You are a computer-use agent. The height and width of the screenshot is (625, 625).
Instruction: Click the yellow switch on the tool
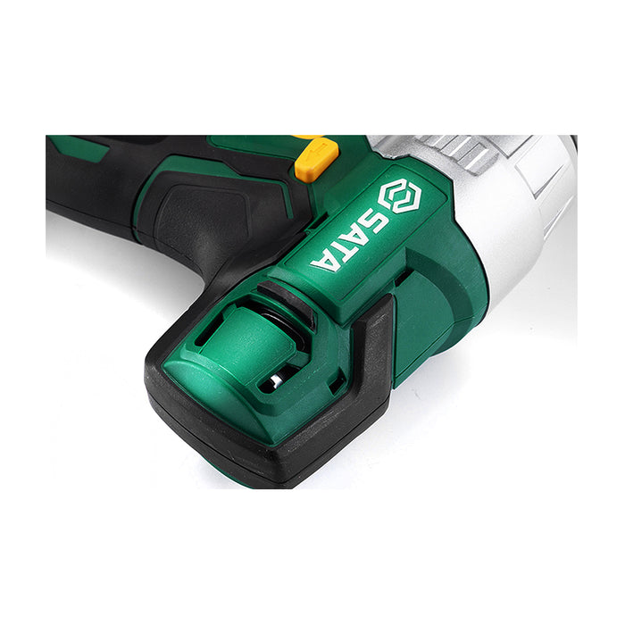point(316,159)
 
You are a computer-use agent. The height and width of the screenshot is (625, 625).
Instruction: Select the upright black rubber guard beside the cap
point(375,357)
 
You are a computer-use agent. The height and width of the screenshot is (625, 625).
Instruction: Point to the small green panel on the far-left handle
point(85,147)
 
